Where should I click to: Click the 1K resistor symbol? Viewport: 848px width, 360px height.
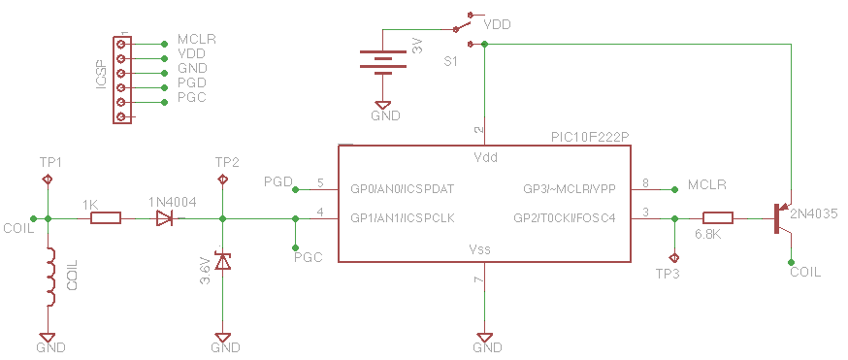pyautogui.click(x=106, y=218)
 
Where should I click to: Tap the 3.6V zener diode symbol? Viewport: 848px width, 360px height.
pyautogui.click(x=222, y=260)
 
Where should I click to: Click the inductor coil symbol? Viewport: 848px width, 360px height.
pyautogui.click(x=50, y=277)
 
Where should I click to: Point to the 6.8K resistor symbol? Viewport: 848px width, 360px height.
pyautogui.click(x=718, y=218)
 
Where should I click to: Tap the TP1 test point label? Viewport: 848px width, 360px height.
pyautogui.click(x=51, y=162)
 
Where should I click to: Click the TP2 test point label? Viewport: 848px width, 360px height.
pyautogui.click(x=227, y=162)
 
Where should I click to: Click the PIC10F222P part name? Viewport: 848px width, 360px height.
pyautogui.click(x=590, y=137)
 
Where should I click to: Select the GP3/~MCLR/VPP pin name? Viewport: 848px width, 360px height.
pyautogui.click(x=569, y=189)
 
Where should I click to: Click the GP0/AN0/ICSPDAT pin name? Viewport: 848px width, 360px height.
pyautogui.click(x=403, y=189)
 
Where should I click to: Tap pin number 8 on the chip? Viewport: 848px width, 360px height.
pyautogui.click(x=645, y=183)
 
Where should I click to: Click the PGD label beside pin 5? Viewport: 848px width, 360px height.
pyautogui.click(x=278, y=181)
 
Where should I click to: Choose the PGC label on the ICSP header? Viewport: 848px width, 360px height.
pyautogui.click(x=192, y=98)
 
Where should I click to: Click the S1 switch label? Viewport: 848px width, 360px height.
pyautogui.click(x=450, y=62)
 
